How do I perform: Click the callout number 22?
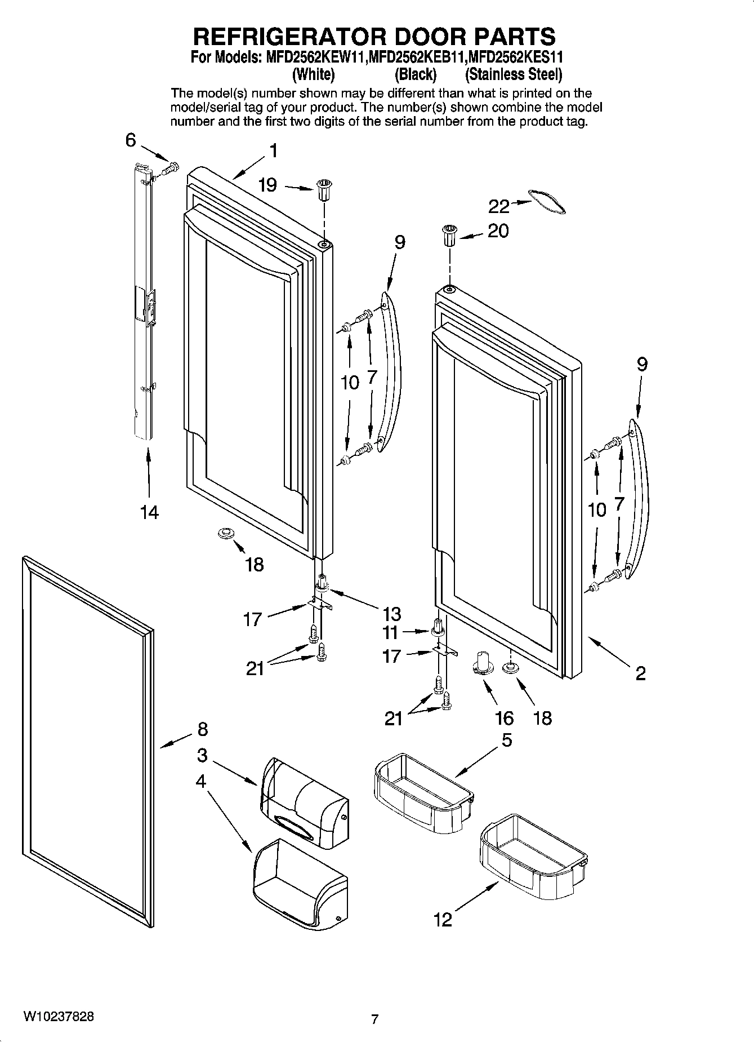[x=499, y=207]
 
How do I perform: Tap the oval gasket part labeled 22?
[x=547, y=202]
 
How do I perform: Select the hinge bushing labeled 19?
[x=324, y=189]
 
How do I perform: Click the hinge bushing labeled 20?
[x=449, y=234]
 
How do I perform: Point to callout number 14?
[x=150, y=512]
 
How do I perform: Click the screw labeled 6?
[x=169, y=167]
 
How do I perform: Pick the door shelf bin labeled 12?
[x=532, y=851]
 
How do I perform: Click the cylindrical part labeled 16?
[x=483, y=661]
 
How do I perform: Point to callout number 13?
[x=391, y=614]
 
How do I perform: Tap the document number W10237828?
[x=59, y=1017]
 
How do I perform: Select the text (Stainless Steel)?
[x=514, y=74]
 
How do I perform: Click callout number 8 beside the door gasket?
[x=202, y=729]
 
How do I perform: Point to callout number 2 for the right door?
[x=640, y=673]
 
